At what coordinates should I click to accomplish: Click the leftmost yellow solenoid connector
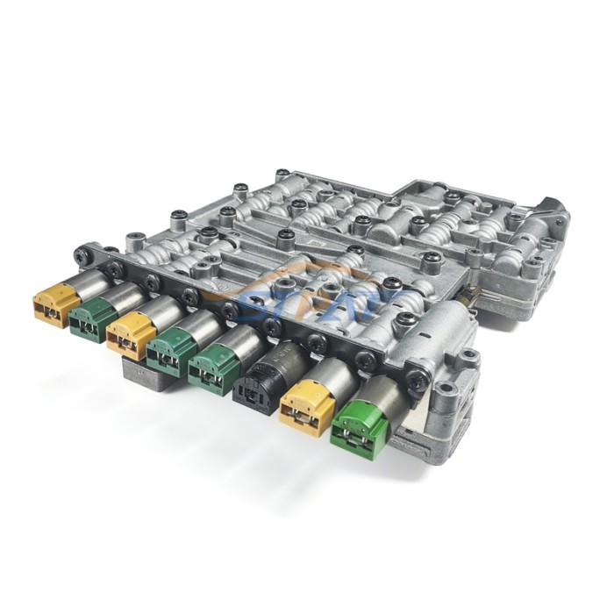pos(54,305)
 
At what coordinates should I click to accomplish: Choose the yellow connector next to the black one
pos(304,408)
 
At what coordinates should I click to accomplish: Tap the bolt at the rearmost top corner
pos(282,175)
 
